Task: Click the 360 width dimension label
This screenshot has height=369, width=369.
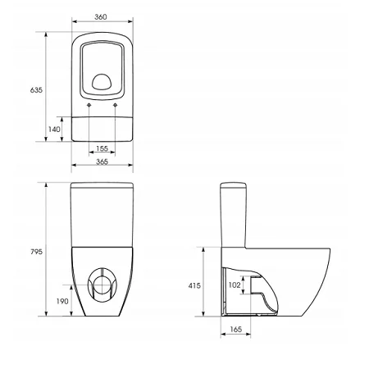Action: point(101,17)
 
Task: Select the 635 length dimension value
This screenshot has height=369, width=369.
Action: point(36,89)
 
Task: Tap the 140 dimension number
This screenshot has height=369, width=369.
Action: point(54,129)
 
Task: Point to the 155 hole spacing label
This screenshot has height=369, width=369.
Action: point(102,148)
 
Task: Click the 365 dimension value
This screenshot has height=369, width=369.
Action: point(102,162)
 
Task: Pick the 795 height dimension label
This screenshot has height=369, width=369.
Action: point(36,252)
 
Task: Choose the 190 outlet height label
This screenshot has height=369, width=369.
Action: point(62,301)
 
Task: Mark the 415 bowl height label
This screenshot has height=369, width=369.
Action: point(194,285)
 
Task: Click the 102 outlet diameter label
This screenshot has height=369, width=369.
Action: point(235,285)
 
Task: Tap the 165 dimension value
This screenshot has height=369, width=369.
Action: point(235,330)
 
